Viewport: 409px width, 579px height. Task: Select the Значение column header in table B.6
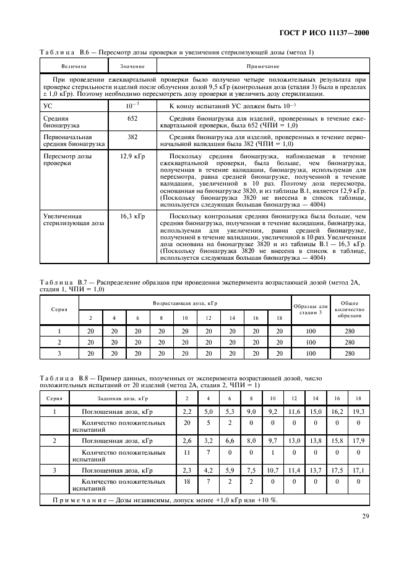132,66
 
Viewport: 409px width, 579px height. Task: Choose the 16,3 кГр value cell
132,217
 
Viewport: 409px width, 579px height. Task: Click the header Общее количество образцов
350,310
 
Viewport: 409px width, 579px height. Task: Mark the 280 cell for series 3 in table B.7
350,353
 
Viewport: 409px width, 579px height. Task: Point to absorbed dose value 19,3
358,411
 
